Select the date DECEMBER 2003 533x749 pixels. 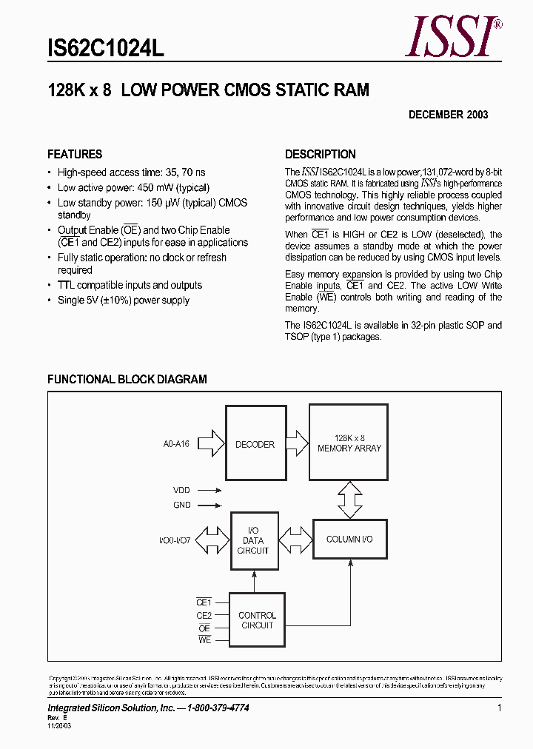click(448, 115)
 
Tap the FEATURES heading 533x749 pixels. click(75, 154)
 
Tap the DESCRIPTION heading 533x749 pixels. click(321, 154)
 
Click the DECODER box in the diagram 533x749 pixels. click(255, 445)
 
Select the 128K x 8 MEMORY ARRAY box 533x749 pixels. click(349, 443)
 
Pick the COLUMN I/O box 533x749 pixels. click(349, 540)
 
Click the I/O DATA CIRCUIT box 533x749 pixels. click(253, 541)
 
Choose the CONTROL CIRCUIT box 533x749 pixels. click(257, 620)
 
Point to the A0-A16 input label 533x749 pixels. click(176, 445)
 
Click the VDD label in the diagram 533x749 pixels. click(181, 490)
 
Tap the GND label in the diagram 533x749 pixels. click(181, 505)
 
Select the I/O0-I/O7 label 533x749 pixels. click(174, 541)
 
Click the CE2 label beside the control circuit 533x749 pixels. click(204, 616)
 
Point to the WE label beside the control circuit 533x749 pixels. click(204, 640)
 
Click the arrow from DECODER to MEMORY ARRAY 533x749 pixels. click(296, 444)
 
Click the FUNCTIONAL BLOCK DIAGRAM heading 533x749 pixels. click(127, 379)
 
